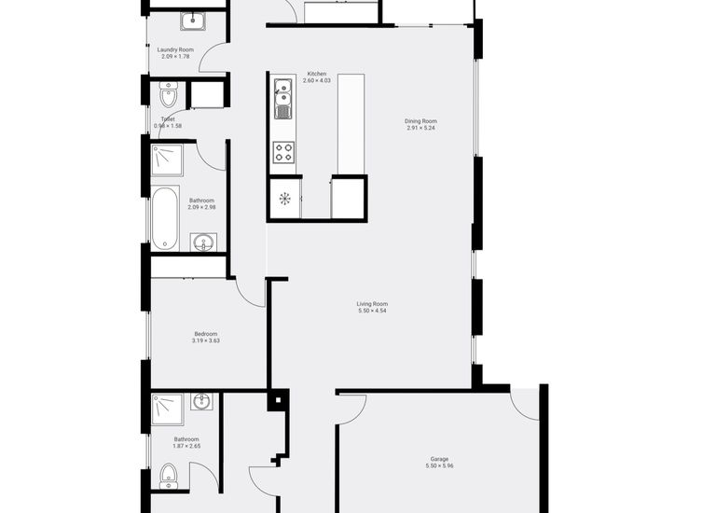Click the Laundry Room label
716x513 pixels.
coord(175,49)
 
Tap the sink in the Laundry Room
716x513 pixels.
coord(194,21)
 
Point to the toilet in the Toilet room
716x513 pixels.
coord(169,95)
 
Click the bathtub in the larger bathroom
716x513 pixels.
coord(166,218)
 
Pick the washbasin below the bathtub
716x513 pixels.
coord(203,243)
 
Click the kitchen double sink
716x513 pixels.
coord(283,97)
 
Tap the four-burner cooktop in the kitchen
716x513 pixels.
coord(283,152)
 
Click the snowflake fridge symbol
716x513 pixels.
coord(285,199)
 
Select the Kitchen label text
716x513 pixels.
coord(317,75)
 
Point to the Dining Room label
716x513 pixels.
coord(420,121)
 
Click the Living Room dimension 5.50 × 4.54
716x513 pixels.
coord(372,311)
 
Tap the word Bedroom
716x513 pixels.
coord(206,334)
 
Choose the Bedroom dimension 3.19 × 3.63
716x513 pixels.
coord(206,341)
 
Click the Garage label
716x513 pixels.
coord(439,459)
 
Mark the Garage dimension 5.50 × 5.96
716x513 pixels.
coord(439,465)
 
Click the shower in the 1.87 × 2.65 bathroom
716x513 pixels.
coord(168,409)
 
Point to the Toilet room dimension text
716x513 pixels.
coord(168,126)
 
